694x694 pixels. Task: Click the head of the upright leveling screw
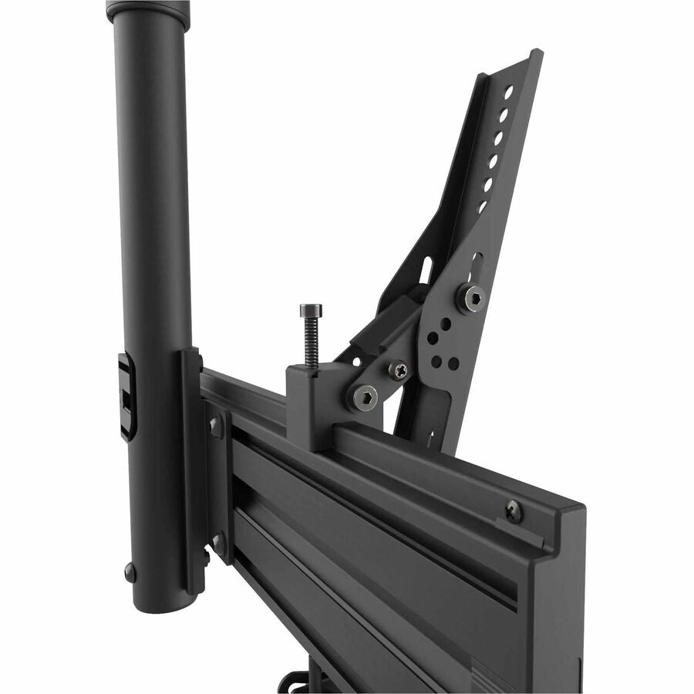[x=311, y=309]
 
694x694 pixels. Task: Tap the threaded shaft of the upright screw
[x=312, y=343]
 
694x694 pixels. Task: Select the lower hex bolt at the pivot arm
[x=362, y=396]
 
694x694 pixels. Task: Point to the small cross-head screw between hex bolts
[x=399, y=371]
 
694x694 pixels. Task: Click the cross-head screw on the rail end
[x=514, y=510]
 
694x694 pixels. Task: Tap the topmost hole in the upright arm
[x=508, y=92]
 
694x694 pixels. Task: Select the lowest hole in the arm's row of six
[x=482, y=207]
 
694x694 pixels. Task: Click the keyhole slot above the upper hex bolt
[x=476, y=267]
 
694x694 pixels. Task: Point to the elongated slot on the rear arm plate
[x=426, y=270]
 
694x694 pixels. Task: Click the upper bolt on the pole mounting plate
[x=215, y=424]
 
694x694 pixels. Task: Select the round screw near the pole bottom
[x=130, y=572]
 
